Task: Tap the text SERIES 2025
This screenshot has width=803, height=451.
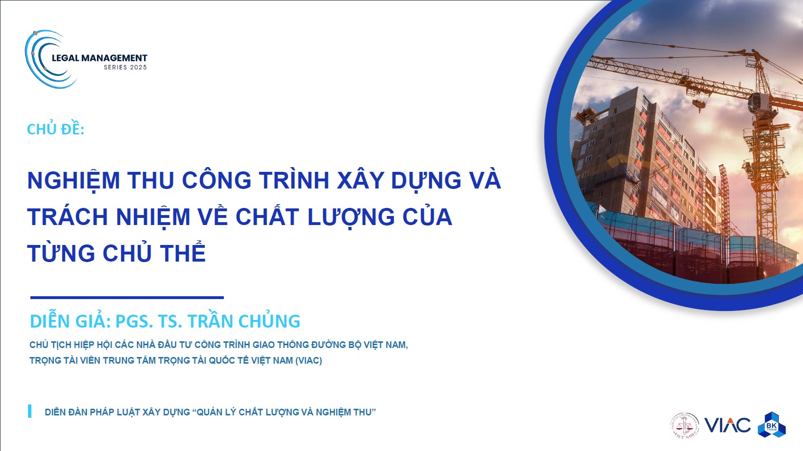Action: pos(125,67)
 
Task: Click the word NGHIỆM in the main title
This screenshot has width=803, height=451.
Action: pos(74,180)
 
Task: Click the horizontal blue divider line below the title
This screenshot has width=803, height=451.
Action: pos(127,297)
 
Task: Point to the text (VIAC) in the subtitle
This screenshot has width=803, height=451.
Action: pos(309,360)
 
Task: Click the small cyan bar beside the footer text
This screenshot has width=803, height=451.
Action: pos(30,411)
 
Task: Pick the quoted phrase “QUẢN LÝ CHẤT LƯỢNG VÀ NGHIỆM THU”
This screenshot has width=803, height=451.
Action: pos(284,413)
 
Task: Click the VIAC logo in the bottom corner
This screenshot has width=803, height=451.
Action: pos(727,425)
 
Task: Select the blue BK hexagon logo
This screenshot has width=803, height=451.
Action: pos(772,425)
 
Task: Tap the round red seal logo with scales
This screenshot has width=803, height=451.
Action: pos(685,425)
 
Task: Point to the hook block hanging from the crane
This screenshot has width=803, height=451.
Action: pos(698,104)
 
